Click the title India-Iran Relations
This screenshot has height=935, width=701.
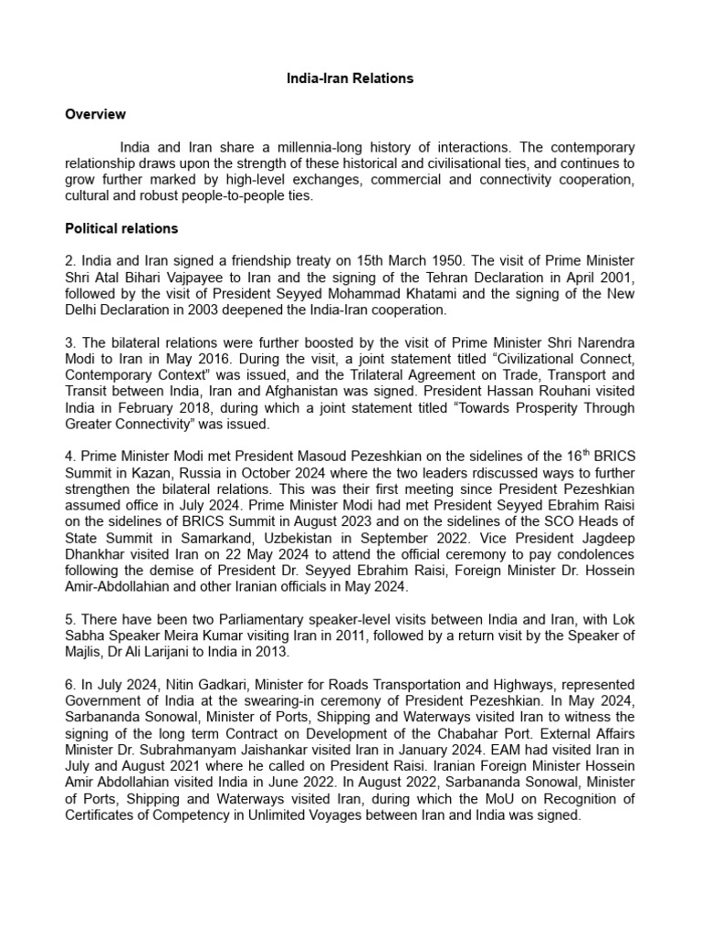pos(350,79)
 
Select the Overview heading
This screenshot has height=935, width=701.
pos(95,114)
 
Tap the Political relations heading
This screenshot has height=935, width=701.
pos(121,228)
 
